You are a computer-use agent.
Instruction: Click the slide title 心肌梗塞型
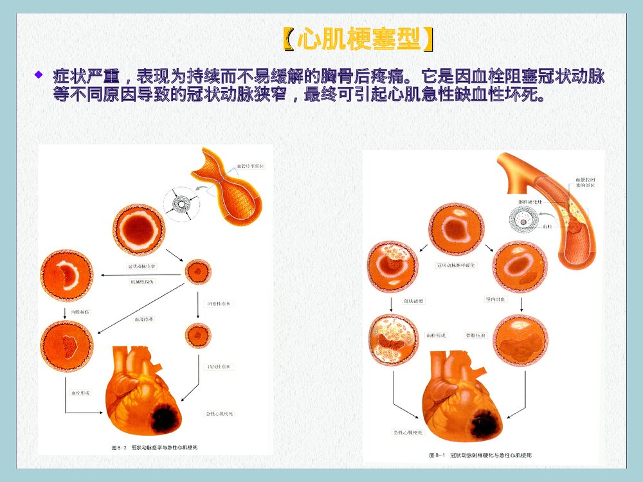click(x=357, y=40)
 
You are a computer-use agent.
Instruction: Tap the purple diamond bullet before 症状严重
click(x=39, y=76)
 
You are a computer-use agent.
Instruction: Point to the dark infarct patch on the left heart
click(x=165, y=418)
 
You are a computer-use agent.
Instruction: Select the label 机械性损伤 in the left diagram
click(x=142, y=282)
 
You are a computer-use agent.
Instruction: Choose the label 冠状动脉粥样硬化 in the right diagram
click(x=456, y=265)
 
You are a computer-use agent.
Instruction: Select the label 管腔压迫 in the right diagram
click(x=475, y=336)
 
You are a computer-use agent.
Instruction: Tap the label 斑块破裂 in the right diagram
click(x=412, y=300)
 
